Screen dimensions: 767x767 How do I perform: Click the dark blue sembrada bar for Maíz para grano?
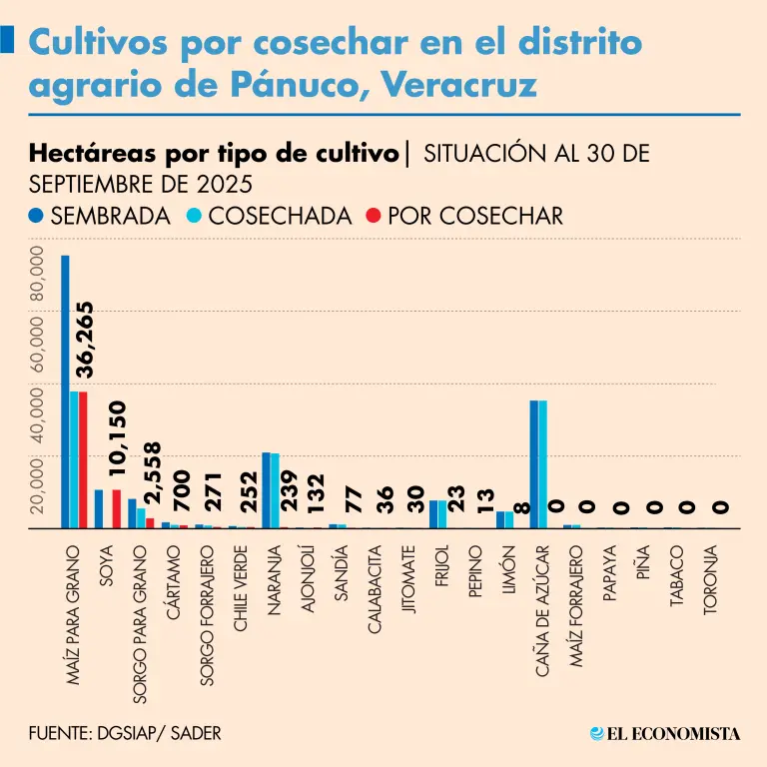[65, 391]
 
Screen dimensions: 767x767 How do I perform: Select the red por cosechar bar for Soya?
[116, 508]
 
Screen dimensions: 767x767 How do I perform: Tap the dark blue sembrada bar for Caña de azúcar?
[533, 463]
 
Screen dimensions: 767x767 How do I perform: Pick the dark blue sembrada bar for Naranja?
[266, 489]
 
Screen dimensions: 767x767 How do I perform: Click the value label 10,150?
[117, 443]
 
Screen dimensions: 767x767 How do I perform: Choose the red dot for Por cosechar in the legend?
[374, 216]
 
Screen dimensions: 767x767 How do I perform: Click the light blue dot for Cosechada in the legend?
[196, 216]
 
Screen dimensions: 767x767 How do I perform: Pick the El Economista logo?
[665, 734]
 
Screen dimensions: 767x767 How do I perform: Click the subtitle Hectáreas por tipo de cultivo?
[215, 155]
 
